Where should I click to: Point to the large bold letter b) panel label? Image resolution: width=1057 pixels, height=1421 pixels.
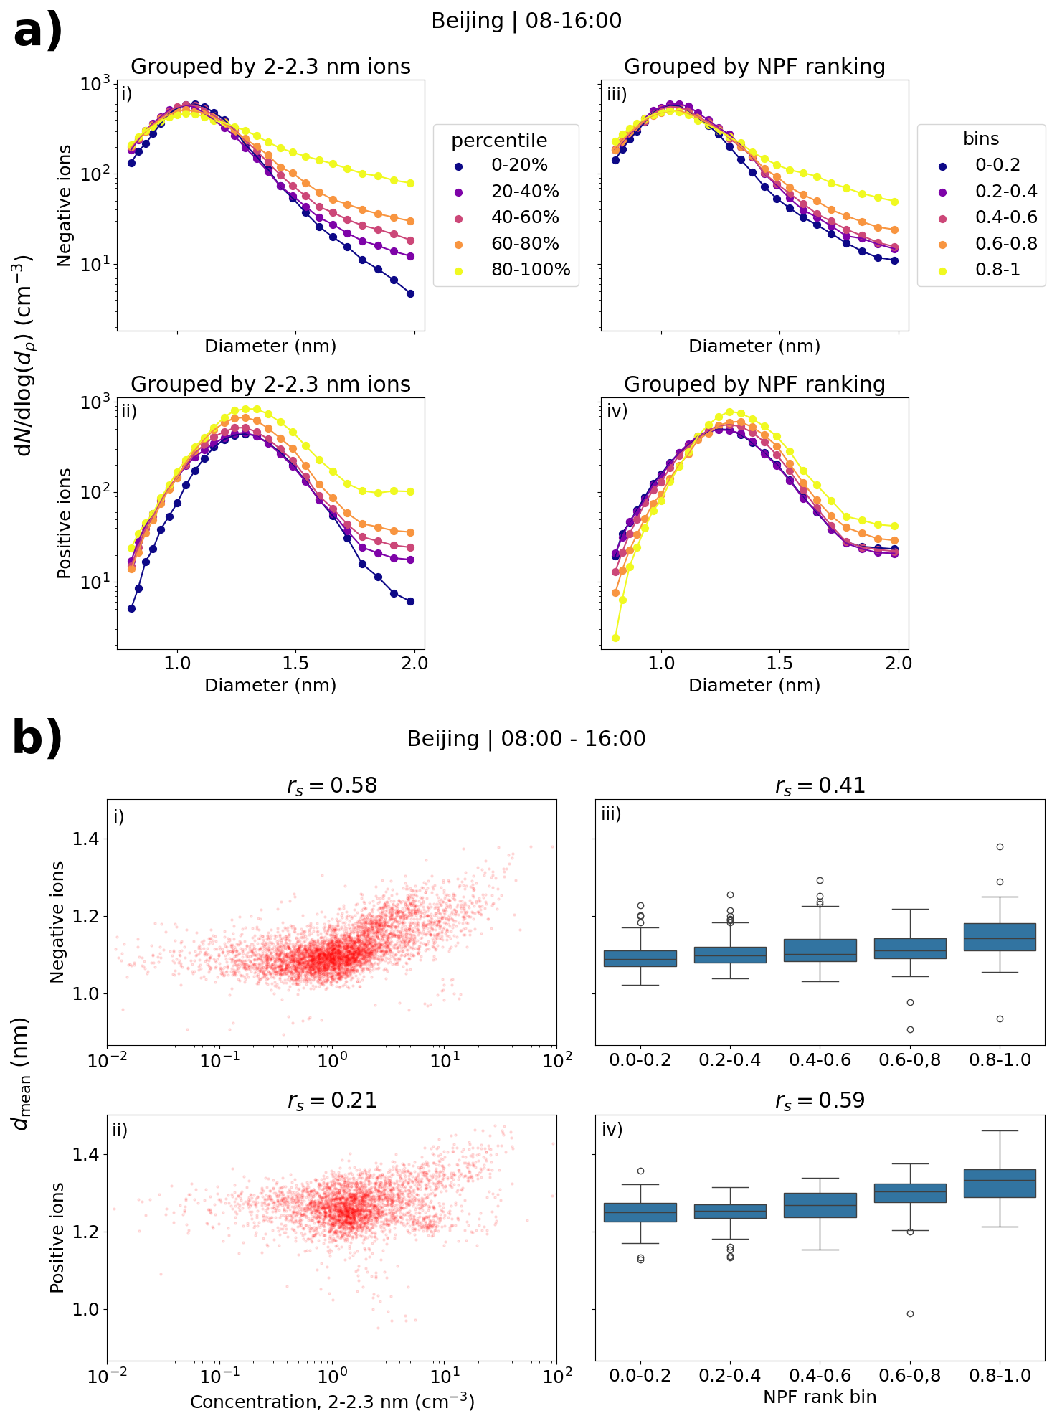[38, 739]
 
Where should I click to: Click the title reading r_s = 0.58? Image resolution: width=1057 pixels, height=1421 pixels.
[332, 785]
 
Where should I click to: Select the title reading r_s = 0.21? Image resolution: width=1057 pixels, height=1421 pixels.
[332, 1100]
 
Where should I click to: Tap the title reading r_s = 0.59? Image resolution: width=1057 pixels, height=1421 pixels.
[820, 1100]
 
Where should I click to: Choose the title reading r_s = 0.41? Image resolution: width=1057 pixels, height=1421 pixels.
[820, 785]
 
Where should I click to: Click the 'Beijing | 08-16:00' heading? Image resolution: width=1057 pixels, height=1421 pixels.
[526, 21]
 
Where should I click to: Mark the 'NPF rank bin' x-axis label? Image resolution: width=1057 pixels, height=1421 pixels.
[820, 1397]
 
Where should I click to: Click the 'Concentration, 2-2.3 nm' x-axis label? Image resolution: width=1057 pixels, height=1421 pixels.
[332, 1402]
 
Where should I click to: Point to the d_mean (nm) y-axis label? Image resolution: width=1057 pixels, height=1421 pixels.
[22, 1073]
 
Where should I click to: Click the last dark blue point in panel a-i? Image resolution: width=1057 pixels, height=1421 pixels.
[410, 293]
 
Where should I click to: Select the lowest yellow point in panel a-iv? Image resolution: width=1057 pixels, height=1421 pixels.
[615, 638]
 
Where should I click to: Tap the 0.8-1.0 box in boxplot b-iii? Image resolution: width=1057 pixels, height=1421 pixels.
[1000, 937]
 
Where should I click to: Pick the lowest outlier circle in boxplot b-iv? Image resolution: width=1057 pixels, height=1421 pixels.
[910, 1313]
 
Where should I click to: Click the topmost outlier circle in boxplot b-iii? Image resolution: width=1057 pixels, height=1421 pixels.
[1000, 846]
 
